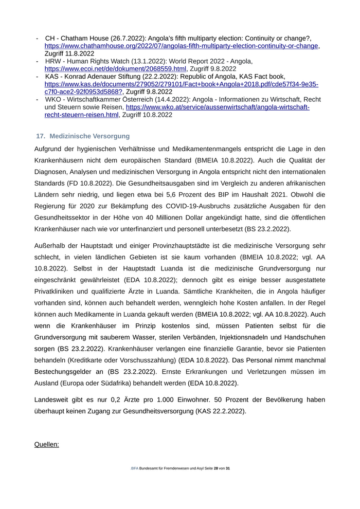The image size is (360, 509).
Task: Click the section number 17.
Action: coord(41,136)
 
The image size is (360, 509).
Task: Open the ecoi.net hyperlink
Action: coord(115,68)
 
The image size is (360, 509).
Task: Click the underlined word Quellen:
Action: coord(46,444)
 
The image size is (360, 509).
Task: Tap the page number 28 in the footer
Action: coord(216,468)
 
